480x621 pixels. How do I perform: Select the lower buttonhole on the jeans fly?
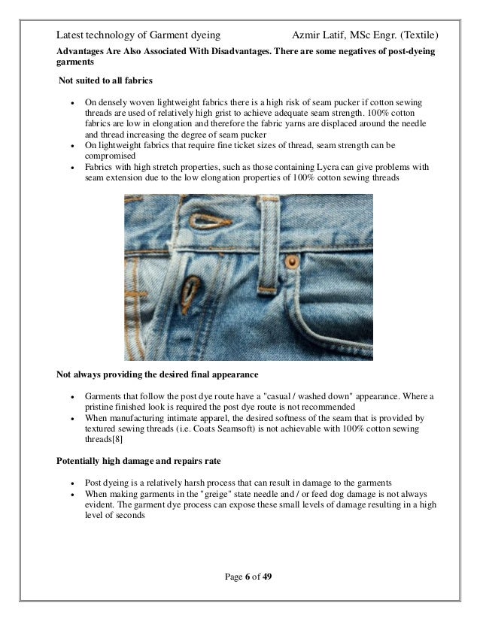[x=194, y=289]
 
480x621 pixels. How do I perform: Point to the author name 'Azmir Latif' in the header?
[x=317, y=36]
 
